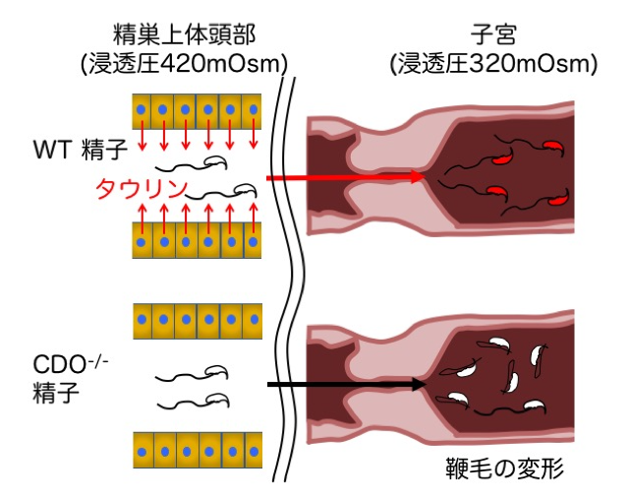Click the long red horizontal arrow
[x=344, y=177]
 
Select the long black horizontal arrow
[x=344, y=384]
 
